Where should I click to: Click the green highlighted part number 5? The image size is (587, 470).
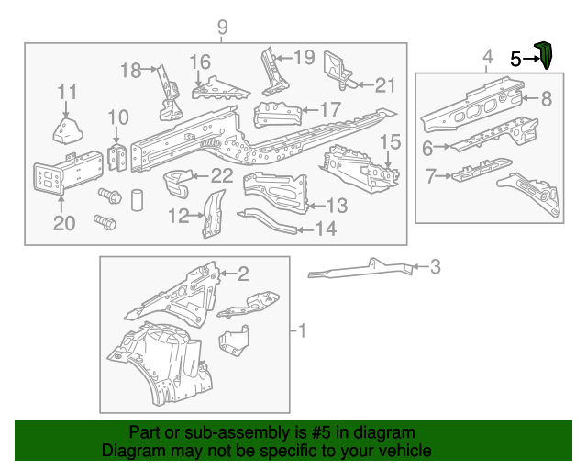544,55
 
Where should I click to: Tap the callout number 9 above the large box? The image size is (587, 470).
221,28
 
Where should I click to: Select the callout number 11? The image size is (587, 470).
68,92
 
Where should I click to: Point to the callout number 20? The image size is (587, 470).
62,224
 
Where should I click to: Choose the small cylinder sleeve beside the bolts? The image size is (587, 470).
136,199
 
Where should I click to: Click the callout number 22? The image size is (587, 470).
221,175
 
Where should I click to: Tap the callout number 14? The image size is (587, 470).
325,229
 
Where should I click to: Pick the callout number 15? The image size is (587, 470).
391,142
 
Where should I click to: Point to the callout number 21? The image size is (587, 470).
384,85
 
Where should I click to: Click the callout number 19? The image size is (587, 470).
304,57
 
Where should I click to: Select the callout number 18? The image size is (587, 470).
131,70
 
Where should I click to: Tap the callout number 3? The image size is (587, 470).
435,267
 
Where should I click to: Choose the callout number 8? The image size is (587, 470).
546,99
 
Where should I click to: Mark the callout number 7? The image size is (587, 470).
427,174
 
